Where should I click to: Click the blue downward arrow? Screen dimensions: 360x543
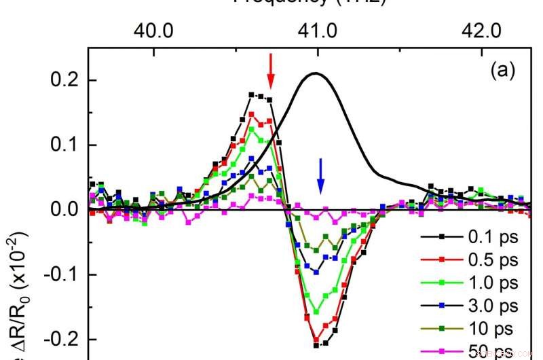321,179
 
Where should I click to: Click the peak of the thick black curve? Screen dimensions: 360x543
315,73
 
